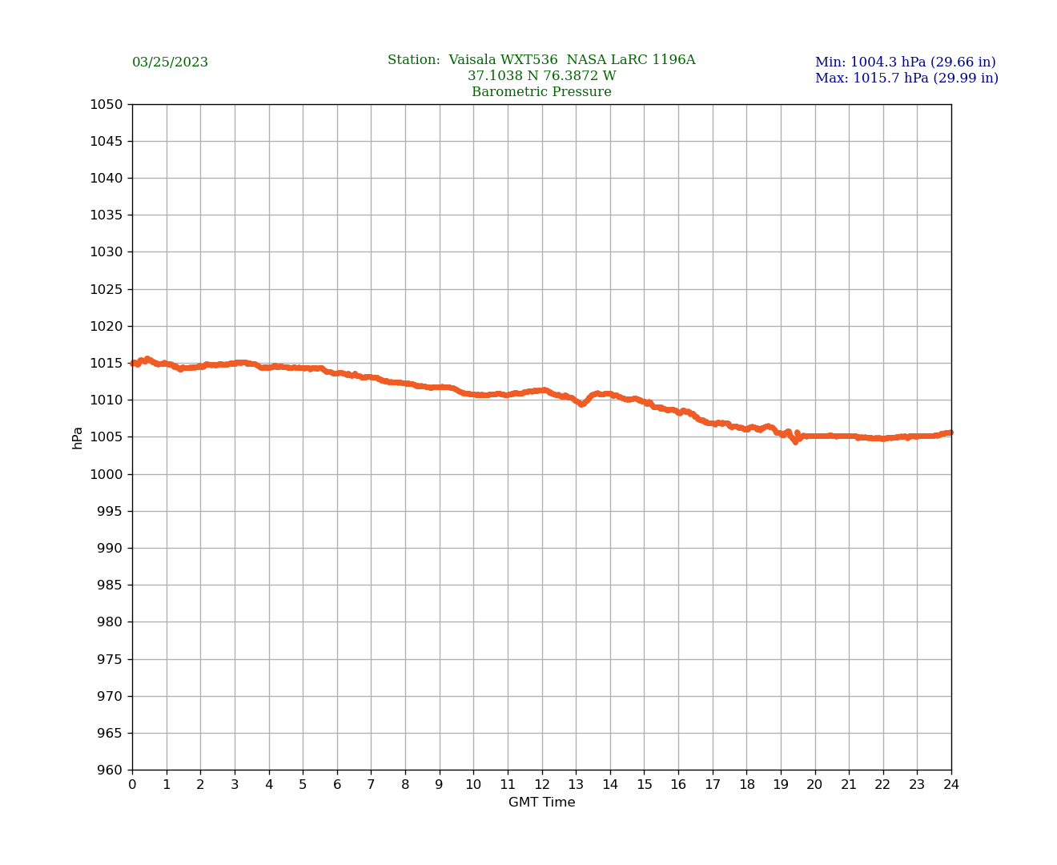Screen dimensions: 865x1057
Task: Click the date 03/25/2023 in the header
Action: click(170, 62)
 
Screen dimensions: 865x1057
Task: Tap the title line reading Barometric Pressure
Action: click(541, 92)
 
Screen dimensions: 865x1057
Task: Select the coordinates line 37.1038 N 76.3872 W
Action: click(541, 76)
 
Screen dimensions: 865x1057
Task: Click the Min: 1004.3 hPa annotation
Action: click(905, 62)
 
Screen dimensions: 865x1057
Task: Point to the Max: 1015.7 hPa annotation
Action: click(906, 78)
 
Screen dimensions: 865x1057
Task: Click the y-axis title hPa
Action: click(78, 437)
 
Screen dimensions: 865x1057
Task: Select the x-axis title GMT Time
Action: click(541, 803)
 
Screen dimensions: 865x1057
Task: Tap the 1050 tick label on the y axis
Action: click(107, 104)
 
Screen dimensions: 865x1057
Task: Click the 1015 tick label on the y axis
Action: click(107, 363)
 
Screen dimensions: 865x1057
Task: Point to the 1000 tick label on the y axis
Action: click(107, 474)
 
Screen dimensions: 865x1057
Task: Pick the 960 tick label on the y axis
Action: click(110, 770)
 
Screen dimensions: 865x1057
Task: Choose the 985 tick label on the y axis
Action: click(110, 585)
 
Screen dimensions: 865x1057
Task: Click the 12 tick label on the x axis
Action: click(542, 785)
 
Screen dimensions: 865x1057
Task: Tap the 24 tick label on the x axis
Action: click(951, 785)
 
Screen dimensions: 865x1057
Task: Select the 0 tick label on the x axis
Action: click(132, 785)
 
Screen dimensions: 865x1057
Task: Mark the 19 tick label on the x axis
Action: click(781, 785)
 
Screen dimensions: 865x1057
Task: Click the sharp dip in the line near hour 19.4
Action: click(795, 441)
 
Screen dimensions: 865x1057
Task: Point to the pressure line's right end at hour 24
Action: click(950, 432)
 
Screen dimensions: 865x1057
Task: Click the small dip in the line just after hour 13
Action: click(582, 404)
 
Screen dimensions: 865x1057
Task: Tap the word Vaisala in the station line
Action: click(472, 60)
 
